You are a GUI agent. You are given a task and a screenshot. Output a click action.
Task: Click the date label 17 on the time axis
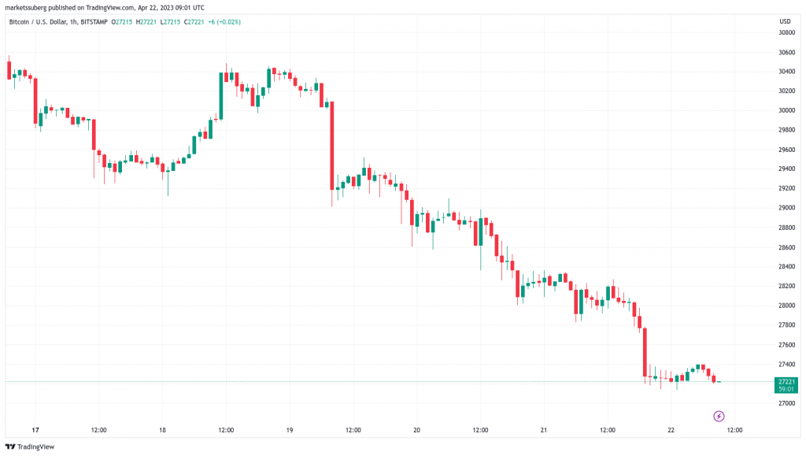(x=35, y=430)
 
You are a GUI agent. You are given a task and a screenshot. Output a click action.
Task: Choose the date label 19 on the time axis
(x=290, y=430)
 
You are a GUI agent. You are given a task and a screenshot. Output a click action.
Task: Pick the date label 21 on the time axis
(x=544, y=430)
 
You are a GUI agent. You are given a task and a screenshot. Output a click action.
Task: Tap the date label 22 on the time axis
(x=671, y=430)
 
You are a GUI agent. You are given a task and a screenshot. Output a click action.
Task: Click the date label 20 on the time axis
(x=416, y=430)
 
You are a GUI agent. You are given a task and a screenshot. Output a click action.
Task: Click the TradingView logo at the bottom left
(x=33, y=447)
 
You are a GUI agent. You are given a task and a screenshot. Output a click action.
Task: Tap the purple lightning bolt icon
(x=718, y=416)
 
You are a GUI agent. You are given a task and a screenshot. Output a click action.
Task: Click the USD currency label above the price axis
(x=785, y=20)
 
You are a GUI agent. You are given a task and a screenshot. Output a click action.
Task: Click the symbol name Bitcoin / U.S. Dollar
(x=36, y=21)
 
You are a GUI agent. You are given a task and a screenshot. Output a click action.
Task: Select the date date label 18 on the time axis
(x=162, y=430)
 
